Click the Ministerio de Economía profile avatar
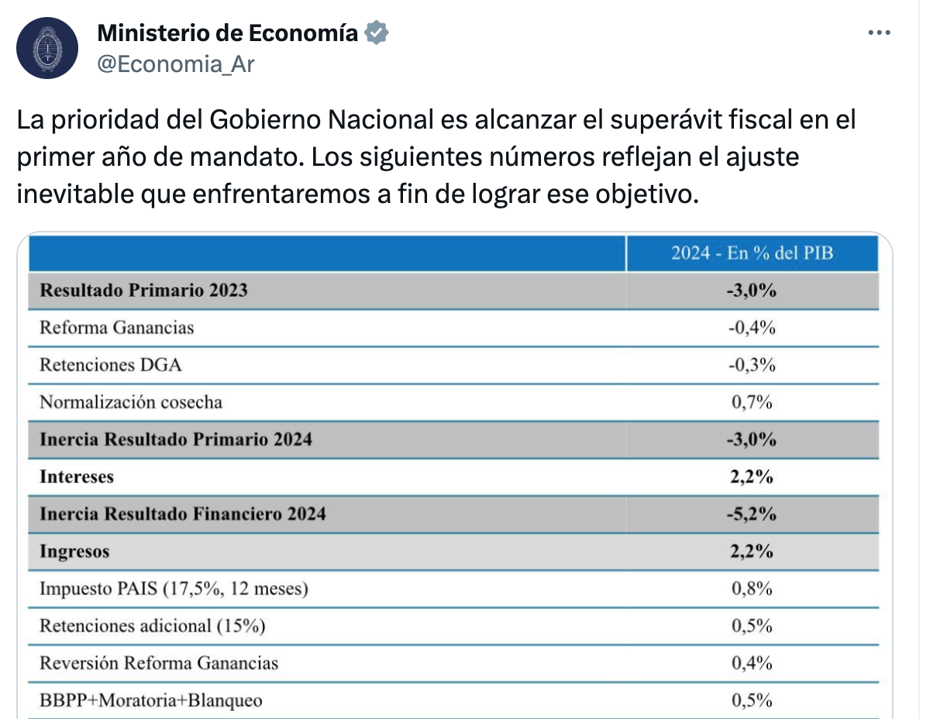[47, 48]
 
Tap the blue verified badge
[377, 33]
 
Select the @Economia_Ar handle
[175, 64]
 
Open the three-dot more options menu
[879, 33]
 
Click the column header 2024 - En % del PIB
[752, 253]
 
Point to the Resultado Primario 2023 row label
[143, 290]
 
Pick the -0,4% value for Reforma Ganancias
[752, 328]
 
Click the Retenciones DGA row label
[111, 364]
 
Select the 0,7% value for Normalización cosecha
[752, 402]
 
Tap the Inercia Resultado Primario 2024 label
[176, 439]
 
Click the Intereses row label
[77, 476]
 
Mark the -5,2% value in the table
[752, 514]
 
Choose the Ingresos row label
[74, 552]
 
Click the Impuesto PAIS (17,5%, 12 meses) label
[174, 589]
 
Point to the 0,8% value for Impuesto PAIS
[752, 589]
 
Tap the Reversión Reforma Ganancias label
[159, 663]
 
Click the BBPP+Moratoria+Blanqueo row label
[151, 700]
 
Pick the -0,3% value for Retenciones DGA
[752, 364]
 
